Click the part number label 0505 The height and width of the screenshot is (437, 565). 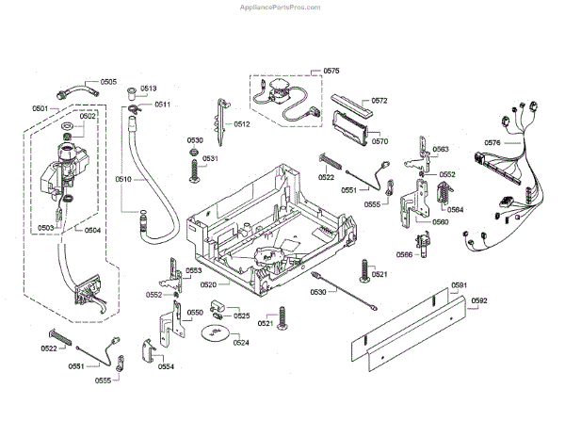click(x=108, y=82)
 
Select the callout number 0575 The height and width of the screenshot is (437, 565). click(x=331, y=70)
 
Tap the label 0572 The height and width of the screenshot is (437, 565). click(x=379, y=101)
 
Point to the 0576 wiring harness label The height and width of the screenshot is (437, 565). click(x=492, y=142)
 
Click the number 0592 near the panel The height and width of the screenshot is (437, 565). click(x=479, y=300)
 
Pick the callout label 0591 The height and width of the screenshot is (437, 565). click(x=459, y=285)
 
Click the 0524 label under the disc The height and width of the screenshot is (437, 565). click(x=242, y=343)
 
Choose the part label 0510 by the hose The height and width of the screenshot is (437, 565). click(x=123, y=178)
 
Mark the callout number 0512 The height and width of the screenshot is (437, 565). click(x=242, y=124)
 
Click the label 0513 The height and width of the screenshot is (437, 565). click(x=150, y=88)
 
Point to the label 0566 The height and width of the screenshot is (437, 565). click(x=404, y=254)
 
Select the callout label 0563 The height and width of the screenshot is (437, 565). click(x=440, y=150)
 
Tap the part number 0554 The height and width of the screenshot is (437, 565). click(x=166, y=365)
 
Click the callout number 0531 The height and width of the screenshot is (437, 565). click(x=210, y=158)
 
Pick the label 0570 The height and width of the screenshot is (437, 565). click(x=379, y=141)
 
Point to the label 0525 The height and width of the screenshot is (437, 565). click(x=242, y=316)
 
